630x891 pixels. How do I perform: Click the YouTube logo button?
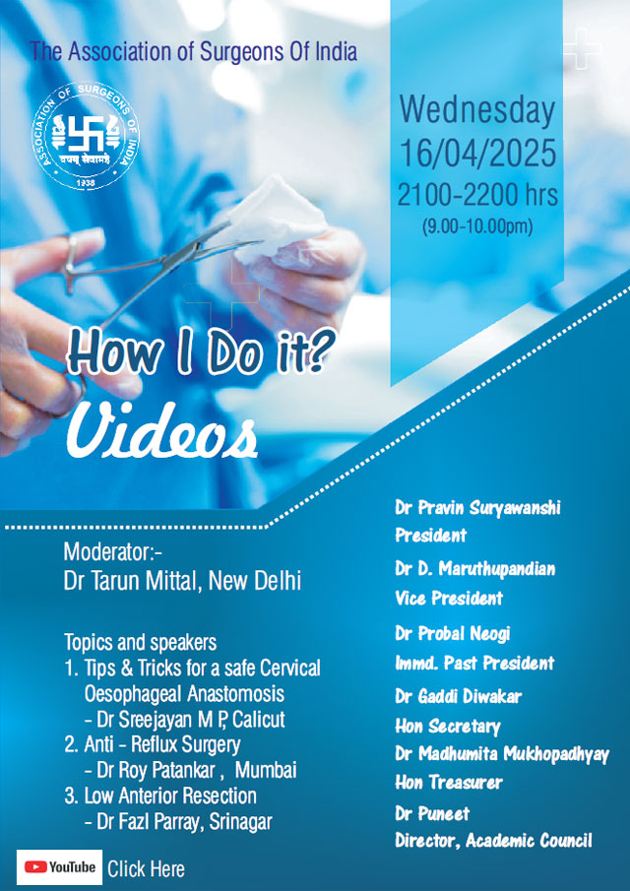[x=59, y=867]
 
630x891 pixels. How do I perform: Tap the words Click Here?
[x=146, y=868]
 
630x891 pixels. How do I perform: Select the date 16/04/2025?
[x=477, y=154]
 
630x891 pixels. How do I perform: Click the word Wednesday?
[x=477, y=111]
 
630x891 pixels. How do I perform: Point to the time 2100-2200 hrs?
[x=477, y=196]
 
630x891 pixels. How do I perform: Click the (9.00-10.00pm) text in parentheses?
[x=477, y=227]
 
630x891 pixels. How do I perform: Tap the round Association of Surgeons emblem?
[x=86, y=135]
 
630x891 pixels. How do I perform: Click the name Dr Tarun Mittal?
[x=133, y=581]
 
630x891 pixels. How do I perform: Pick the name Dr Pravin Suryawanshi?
[x=477, y=508]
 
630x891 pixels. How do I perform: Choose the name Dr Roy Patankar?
[x=157, y=771]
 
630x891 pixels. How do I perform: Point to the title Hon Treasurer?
[x=449, y=783]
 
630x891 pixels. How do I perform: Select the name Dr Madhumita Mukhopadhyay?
[x=502, y=754]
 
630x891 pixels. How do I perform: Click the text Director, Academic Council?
[x=493, y=841]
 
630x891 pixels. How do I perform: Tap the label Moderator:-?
[x=113, y=551]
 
